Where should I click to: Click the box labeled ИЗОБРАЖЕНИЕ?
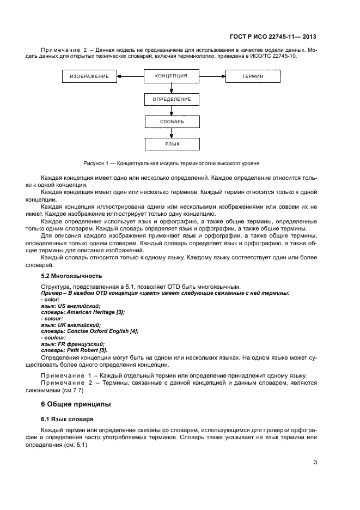point(89,77)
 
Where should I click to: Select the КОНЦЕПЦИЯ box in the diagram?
point(172,76)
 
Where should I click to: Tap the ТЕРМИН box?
point(253,77)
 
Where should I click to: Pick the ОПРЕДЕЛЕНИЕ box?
point(172,99)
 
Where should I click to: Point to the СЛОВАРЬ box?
point(172,122)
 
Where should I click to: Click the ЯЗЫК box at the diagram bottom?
point(172,144)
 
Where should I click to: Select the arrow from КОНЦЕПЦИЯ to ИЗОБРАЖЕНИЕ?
point(131,77)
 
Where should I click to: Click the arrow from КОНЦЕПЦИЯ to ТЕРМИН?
point(212,77)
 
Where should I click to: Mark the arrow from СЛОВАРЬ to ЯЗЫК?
point(172,133)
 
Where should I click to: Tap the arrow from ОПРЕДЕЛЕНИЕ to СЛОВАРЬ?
point(172,111)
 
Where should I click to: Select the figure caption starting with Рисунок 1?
point(171,163)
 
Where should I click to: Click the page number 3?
point(315,463)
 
